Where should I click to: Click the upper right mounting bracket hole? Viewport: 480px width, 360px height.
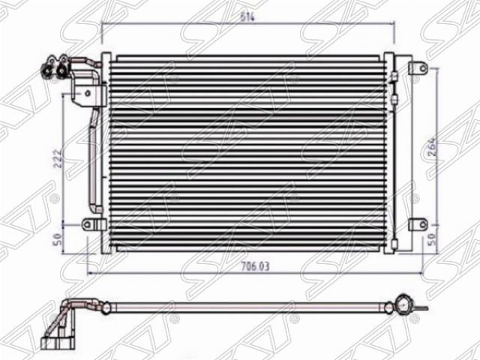(x=421, y=68)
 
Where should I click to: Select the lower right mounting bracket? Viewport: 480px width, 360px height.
(x=416, y=223)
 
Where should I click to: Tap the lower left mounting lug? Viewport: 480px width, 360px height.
(x=89, y=223)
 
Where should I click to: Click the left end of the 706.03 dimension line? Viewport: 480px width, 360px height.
(x=89, y=272)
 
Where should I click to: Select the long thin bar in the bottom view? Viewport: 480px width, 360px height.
(x=247, y=307)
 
